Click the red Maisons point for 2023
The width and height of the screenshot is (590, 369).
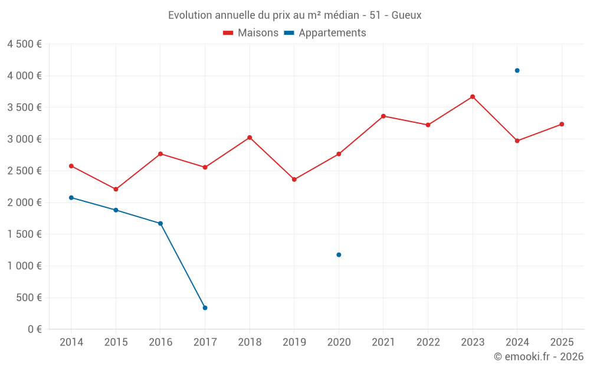pos(473,97)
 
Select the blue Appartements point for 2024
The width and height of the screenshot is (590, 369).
pos(517,70)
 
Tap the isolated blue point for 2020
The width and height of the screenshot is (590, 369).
pos(339,254)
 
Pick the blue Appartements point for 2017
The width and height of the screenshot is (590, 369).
pos(205,308)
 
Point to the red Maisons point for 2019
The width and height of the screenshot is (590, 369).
pos(294,179)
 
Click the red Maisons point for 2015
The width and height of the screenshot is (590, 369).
pos(116,189)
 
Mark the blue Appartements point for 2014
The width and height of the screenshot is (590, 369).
pos(71,197)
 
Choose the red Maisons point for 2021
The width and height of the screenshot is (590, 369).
pos(383,116)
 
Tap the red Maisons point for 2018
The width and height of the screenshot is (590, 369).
pos(250,138)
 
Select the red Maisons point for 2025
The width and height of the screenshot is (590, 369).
pos(562,124)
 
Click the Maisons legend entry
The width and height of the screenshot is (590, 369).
pos(251,33)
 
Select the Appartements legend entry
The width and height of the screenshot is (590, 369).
pos(325,33)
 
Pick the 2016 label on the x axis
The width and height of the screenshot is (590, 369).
pos(160,342)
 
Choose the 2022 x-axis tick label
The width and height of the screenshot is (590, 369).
pos(428,342)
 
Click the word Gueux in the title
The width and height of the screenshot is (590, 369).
pos(407,15)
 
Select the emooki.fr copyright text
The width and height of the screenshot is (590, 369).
pos(538,357)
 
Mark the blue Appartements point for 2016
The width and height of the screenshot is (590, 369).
pos(160,223)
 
